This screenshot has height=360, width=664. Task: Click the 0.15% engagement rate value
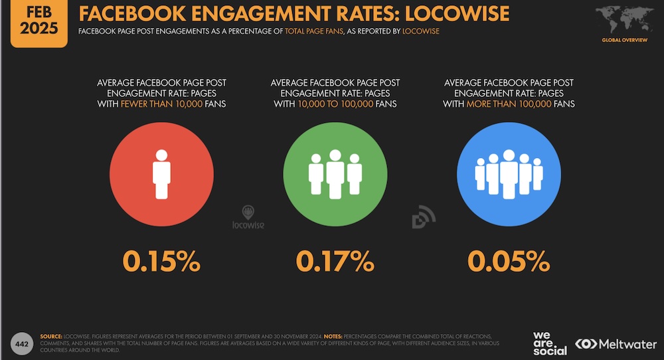(161, 261)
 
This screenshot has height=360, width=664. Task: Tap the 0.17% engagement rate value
(335, 261)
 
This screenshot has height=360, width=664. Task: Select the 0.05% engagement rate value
(509, 261)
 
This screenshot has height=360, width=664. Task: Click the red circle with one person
(161, 175)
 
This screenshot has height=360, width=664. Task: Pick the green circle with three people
(335, 175)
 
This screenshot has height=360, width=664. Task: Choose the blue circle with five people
(509, 175)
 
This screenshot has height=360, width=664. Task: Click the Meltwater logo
(616, 343)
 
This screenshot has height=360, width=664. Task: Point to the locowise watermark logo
(248, 219)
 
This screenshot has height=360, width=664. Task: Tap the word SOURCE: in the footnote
(52, 337)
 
